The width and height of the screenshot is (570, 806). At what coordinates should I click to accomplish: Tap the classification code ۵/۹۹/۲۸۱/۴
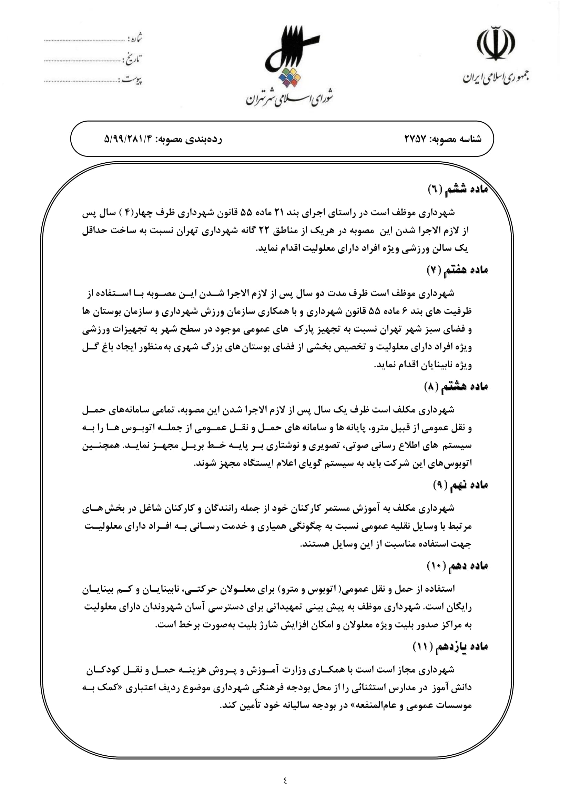click(130, 139)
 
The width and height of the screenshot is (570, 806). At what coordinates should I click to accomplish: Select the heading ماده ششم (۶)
click(458, 190)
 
